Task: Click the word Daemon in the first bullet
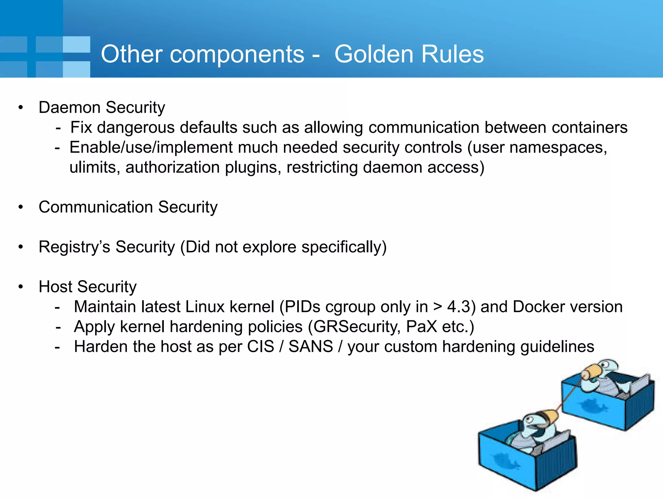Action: click(x=70, y=107)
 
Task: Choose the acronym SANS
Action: click(x=310, y=347)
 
